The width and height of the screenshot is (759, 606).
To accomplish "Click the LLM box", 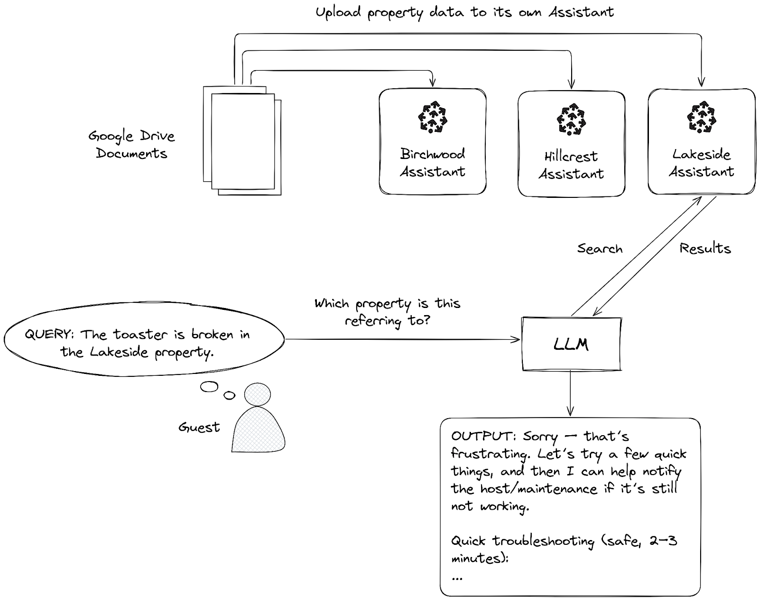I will click(x=571, y=344).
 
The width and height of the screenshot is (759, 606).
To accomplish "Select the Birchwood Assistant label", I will click(x=432, y=162).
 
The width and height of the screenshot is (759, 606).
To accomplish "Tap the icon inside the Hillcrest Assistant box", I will click(x=571, y=119).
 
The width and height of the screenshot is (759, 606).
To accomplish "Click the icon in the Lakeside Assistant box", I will click(x=701, y=117).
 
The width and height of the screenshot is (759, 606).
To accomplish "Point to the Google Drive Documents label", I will click(x=131, y=145).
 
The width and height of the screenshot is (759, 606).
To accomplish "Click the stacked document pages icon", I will click(x=242, y=140).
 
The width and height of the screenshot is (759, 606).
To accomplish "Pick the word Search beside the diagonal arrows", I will click(x=600, y=249).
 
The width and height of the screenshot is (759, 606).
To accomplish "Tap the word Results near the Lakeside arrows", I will click(x=705, y=248).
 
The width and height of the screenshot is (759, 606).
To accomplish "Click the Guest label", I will click(x=199, y=427).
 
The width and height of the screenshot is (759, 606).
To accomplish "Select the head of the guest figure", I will click(x=257, y=394).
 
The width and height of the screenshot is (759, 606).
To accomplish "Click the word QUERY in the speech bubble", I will click(x=48, y=334).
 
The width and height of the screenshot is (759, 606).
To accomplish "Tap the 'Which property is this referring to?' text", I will click(x=387, y=312).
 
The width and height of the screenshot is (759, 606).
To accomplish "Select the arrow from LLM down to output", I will click(x=570, y=393).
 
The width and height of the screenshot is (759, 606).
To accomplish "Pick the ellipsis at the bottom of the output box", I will click(x=457, y=578).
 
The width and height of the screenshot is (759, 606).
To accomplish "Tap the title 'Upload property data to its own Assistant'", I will click(x=464, y=12).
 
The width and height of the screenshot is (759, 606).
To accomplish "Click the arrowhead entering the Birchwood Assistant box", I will click(x=432, y=83).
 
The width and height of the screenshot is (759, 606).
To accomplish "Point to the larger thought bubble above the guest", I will click(x=209, y=387).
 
